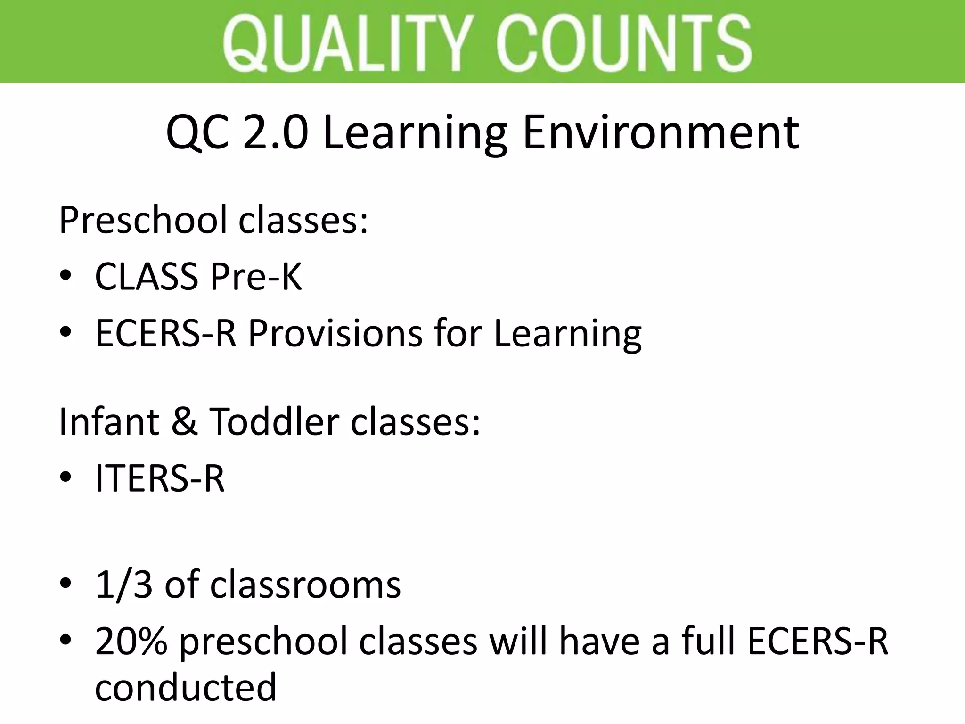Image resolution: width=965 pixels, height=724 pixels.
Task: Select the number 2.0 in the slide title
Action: coord(276,133)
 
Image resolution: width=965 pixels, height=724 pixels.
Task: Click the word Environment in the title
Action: coord(661,133)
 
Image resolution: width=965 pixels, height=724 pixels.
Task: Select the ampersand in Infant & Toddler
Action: coord(184,421)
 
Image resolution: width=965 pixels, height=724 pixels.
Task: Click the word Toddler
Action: coord(274,421)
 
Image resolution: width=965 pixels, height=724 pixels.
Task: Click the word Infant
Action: coord(109,421)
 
